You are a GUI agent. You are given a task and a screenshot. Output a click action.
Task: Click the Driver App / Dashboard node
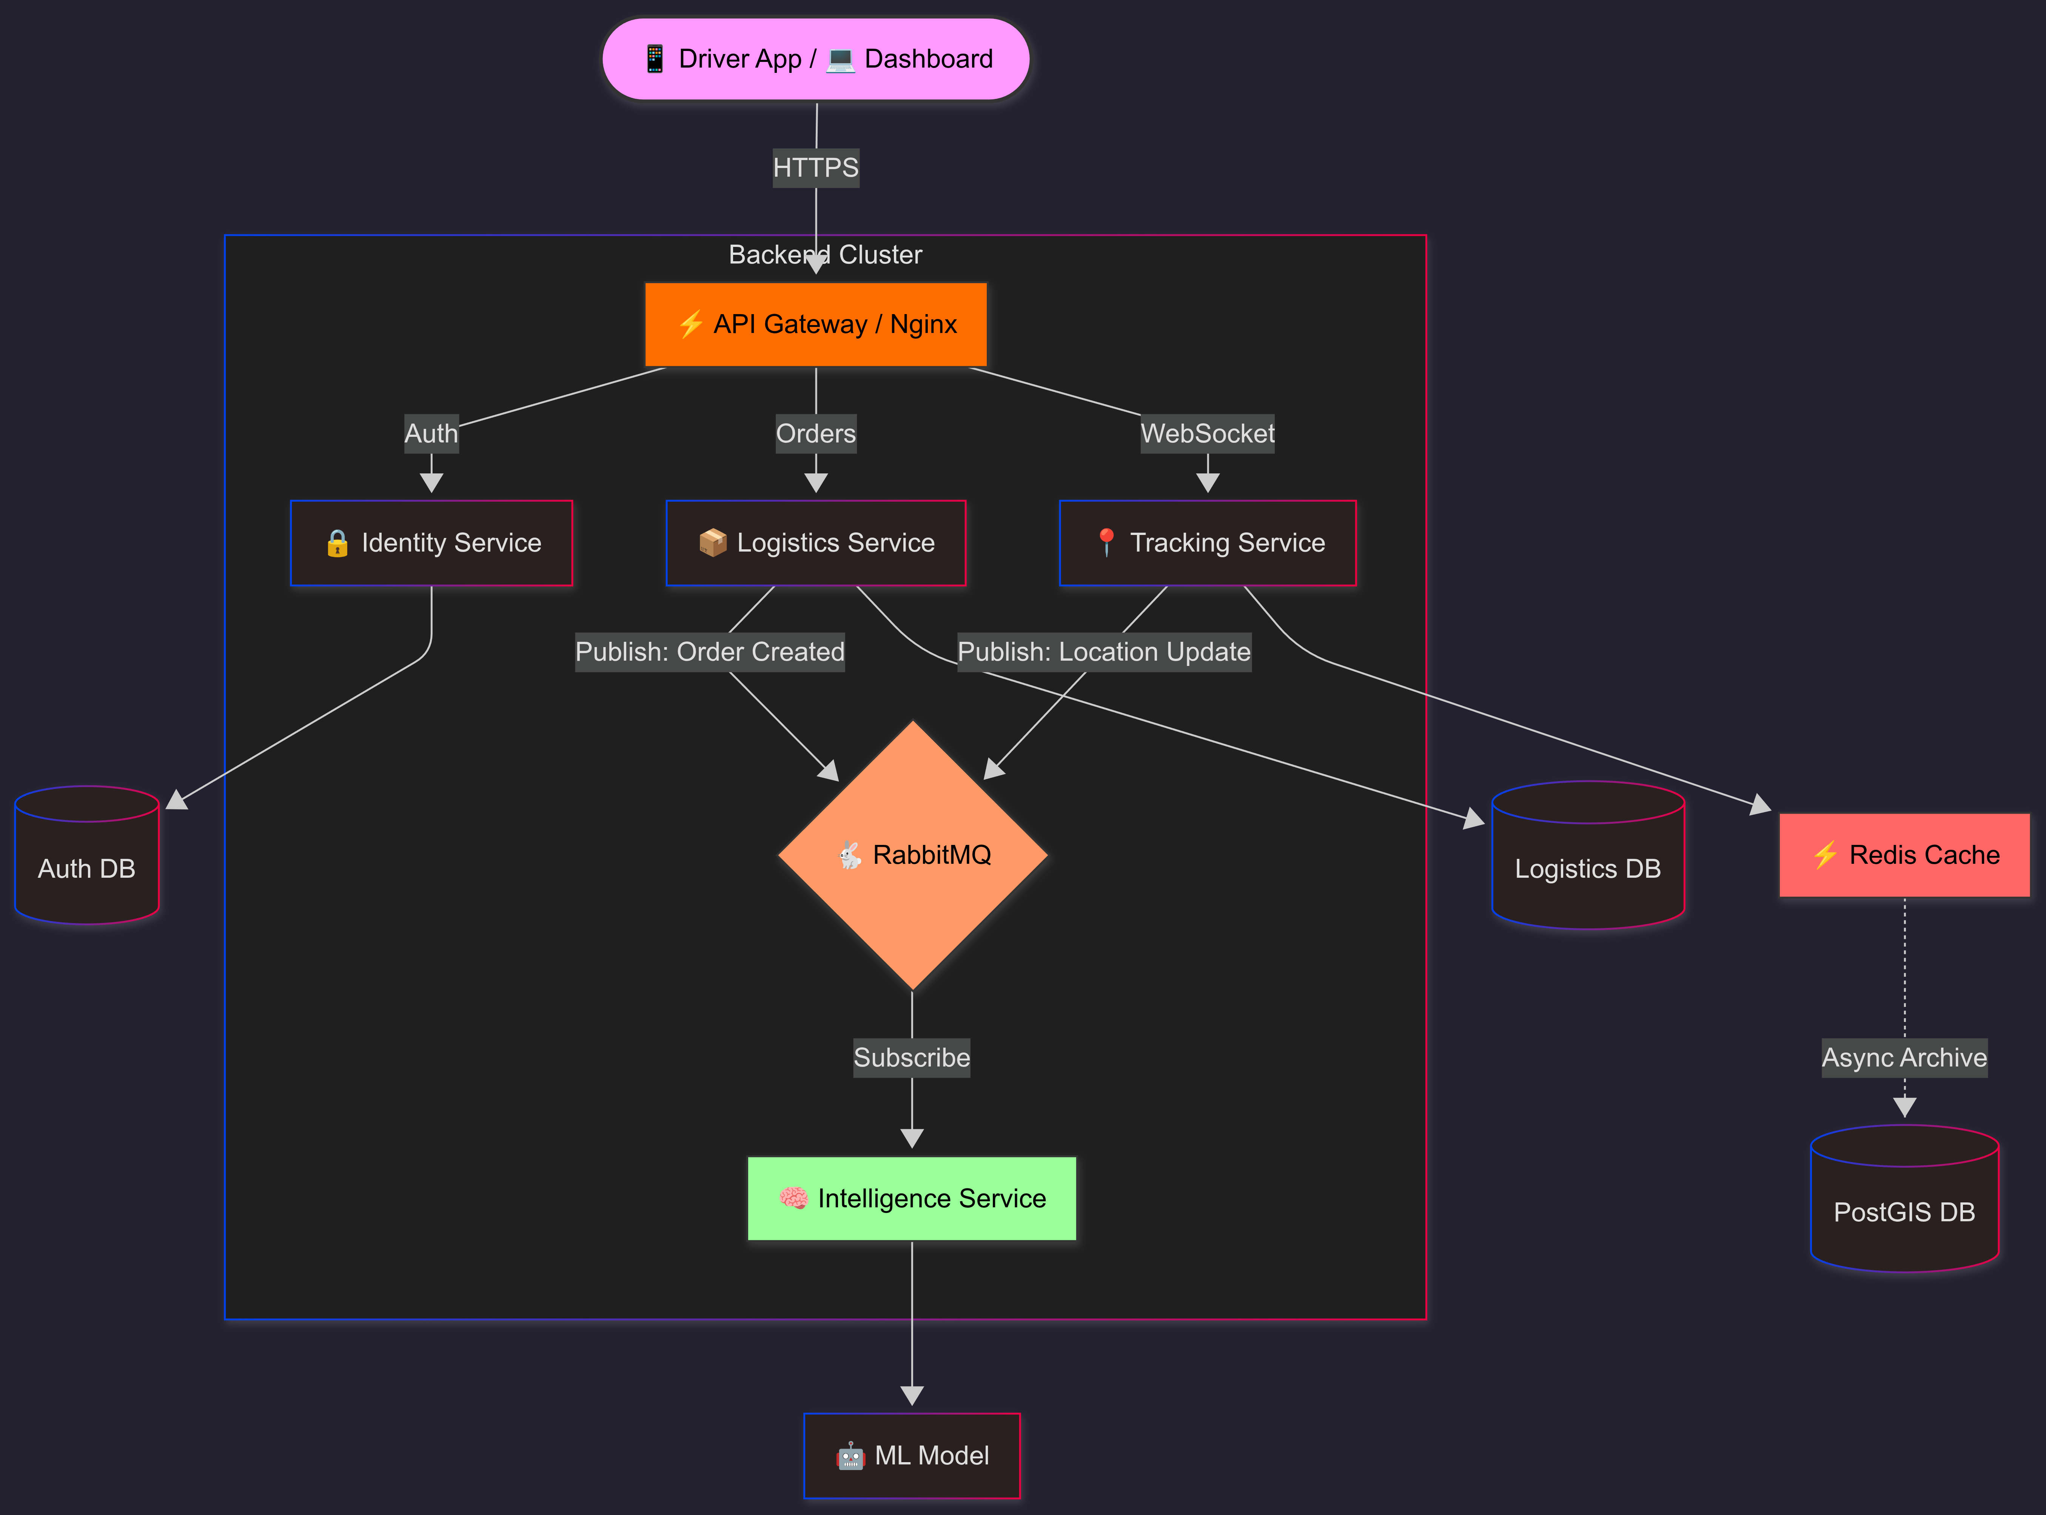pos(815,59)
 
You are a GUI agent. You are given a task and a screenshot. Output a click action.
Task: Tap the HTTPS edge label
pos(815,168)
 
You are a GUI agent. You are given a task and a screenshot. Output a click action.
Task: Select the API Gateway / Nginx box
pos(815,325)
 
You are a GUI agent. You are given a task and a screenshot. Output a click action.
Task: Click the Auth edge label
pos(431,434)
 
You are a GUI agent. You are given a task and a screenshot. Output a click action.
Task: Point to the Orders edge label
pos(815,434)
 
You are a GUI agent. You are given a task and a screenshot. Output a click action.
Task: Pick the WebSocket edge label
pos(1207,434)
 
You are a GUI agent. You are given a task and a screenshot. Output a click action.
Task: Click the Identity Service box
pos(431,543)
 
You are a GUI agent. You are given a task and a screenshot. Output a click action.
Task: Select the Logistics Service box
pos(815,543)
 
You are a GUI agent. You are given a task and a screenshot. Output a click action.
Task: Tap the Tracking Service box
pos(1207,543)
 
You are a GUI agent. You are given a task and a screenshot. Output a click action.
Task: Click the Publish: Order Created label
pos(709,652)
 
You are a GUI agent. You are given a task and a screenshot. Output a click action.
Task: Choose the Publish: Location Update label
pos(1103,652)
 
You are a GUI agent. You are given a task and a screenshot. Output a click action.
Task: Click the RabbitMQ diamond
pos(912,855)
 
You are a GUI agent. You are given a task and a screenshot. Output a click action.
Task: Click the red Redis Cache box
pos(1904,855)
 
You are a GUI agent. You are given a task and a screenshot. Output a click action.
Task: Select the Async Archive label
pos(1904,1057)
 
